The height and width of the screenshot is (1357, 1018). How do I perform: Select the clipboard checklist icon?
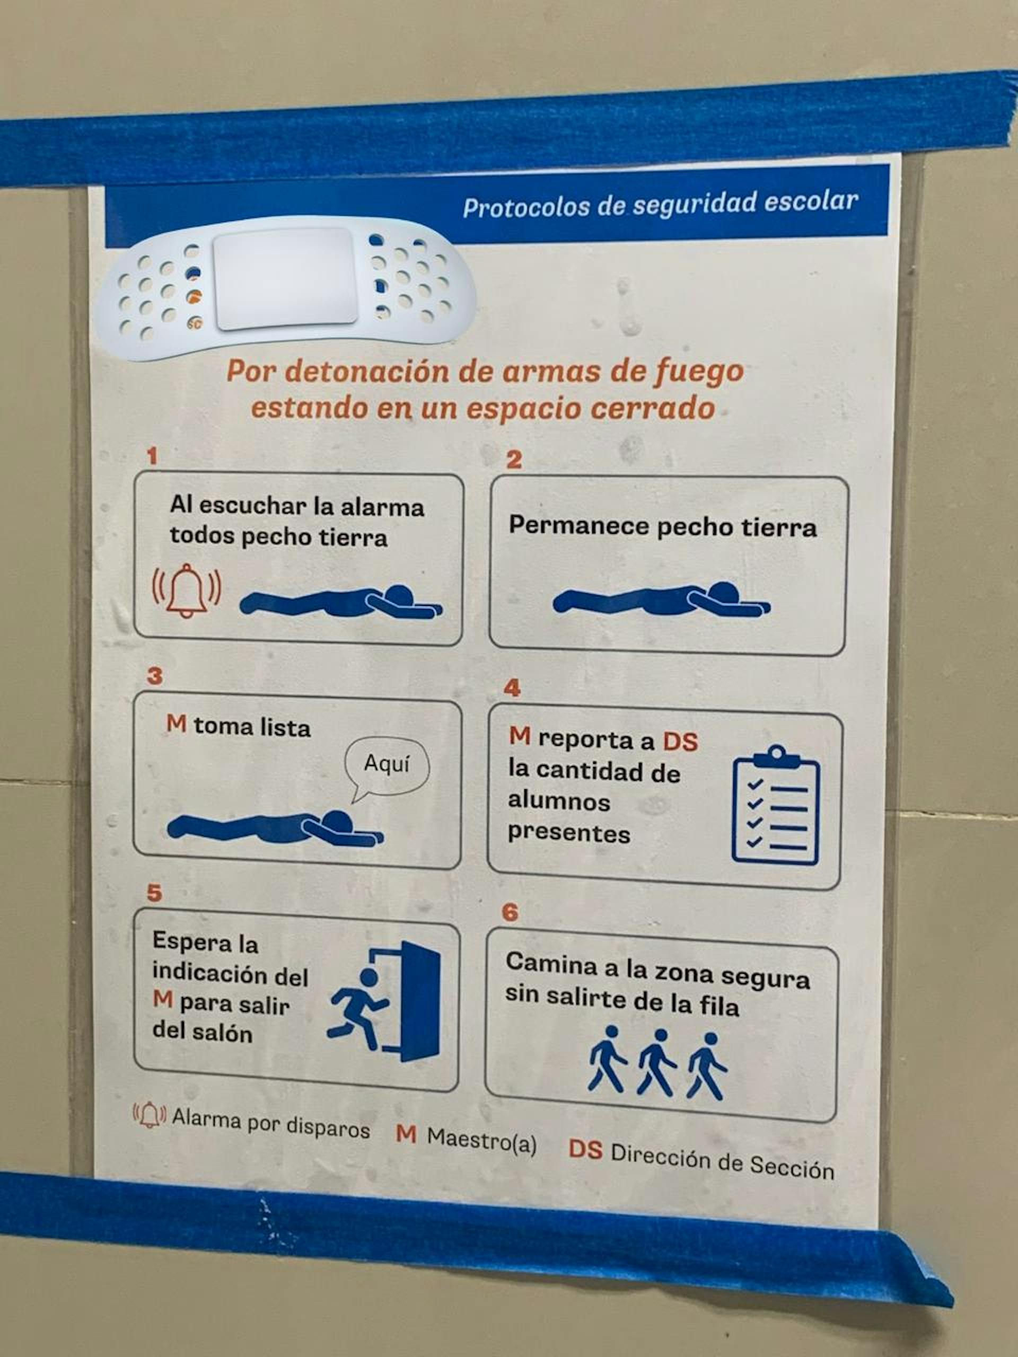tap(776, 806)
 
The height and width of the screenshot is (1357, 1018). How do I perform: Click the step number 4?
tap(512, 688)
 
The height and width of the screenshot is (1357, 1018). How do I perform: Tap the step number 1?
tap(152, 455)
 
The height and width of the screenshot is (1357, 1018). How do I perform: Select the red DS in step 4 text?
tap(680, 742)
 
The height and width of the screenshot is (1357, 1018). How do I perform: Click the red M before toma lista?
tap(176, 724)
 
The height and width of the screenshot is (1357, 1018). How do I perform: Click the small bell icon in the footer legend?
tap(149, 1115)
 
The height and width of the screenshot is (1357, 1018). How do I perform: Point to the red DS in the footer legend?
tap(585, 1149)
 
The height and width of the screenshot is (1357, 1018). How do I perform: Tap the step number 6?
tap(510, 912)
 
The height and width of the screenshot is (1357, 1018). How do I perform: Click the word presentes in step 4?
tap(568, 834)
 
